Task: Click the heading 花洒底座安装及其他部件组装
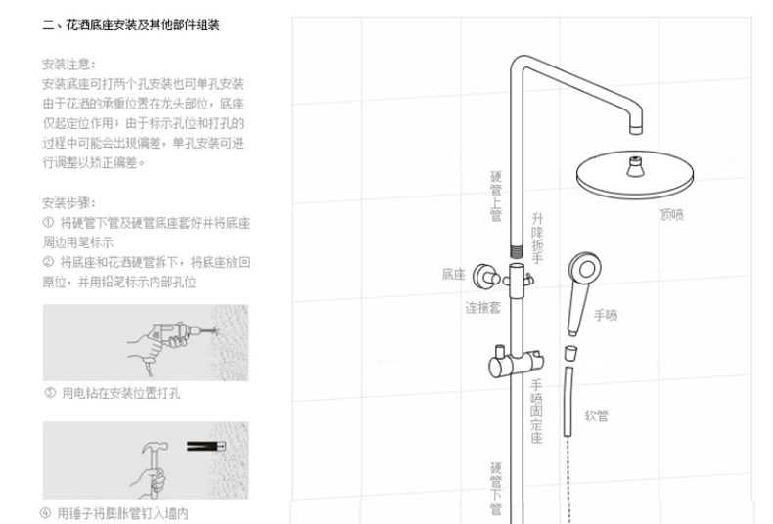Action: tap(130, 25)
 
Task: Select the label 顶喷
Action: tap(671, 213)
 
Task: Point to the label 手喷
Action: tap(607, 315)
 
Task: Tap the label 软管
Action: tap(597, 415)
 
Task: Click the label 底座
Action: tap(453, 275)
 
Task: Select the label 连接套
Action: tap(482, 306)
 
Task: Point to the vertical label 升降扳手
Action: tap(536, 239)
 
